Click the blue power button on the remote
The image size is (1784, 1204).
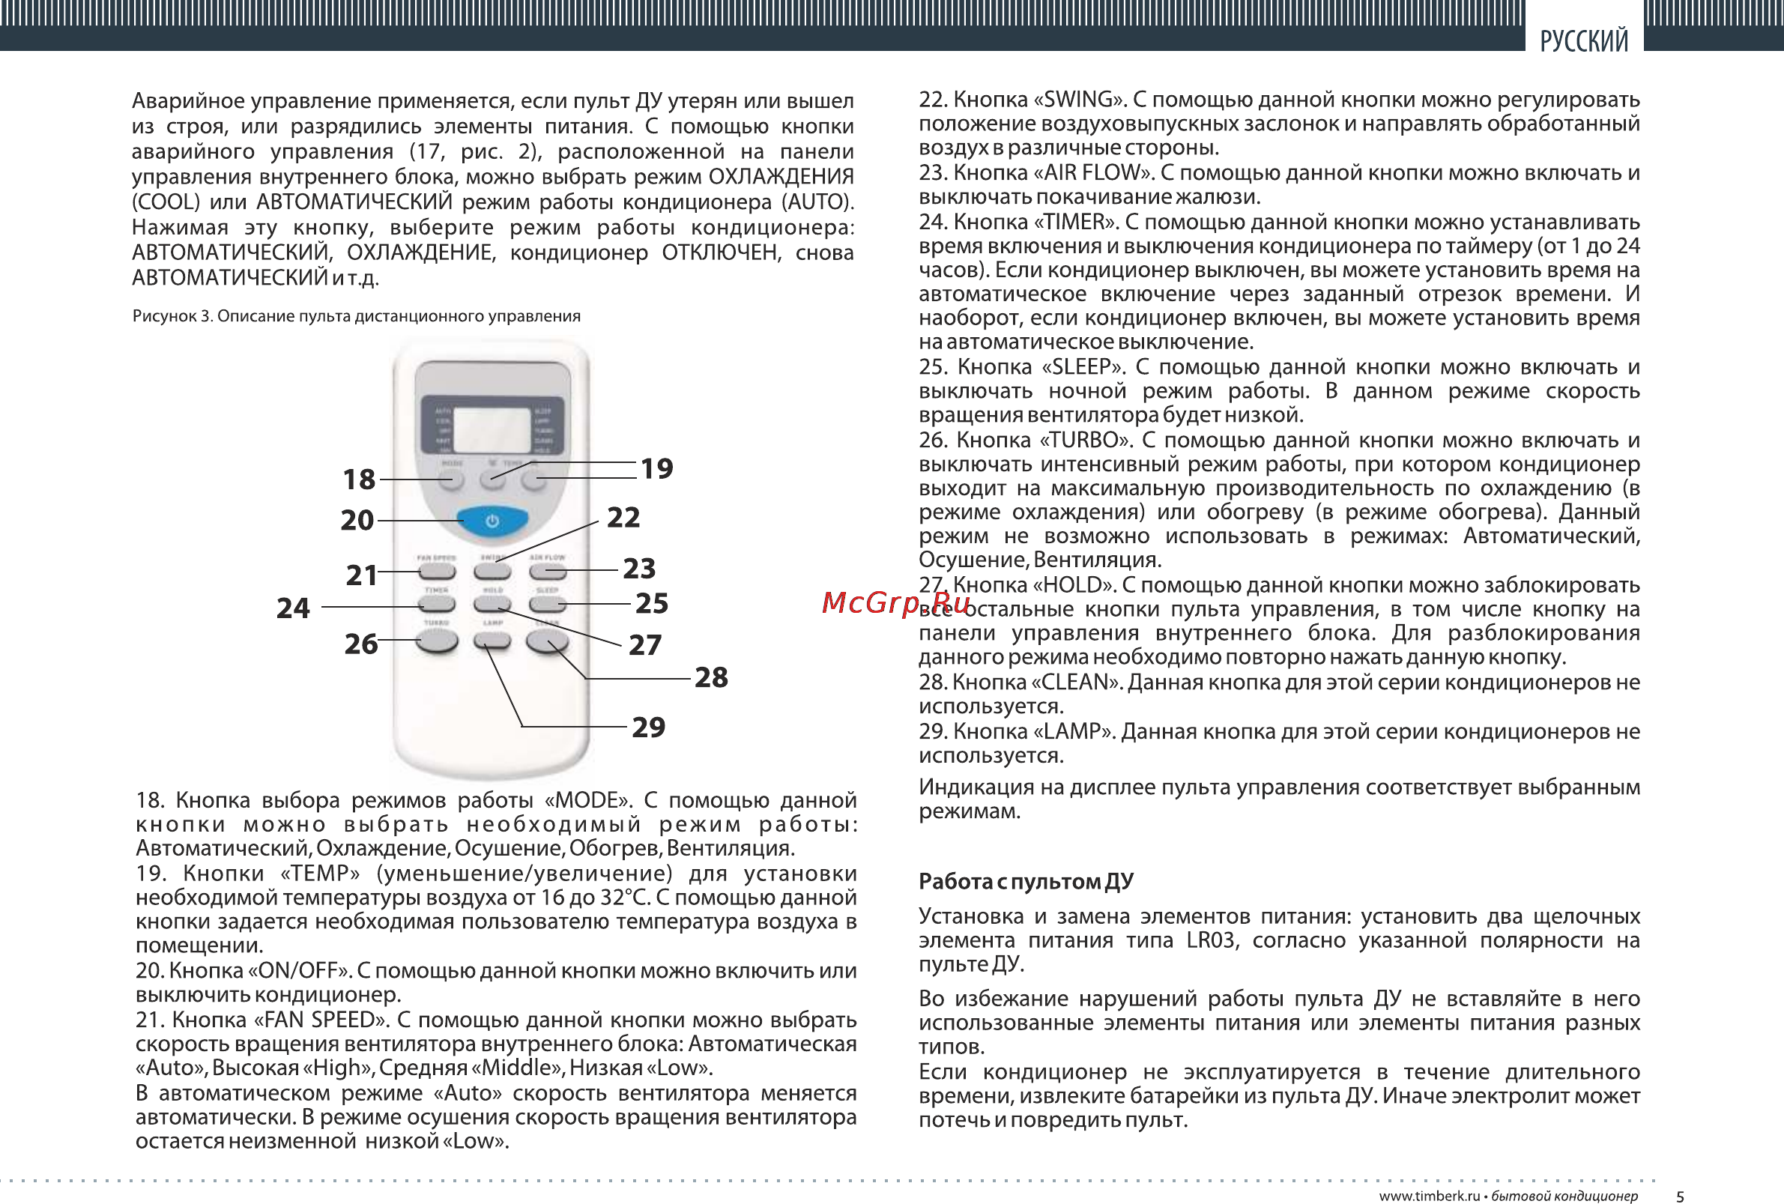pos(492,521)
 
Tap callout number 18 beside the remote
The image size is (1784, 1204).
pos(358,480)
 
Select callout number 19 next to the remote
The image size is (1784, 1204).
pos(656,468)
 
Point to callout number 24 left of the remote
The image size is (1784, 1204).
pos(292,608)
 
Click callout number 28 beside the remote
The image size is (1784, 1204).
pos(711,677)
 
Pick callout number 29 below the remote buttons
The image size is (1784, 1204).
pos(648,727)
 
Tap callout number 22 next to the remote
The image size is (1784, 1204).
pos(623,518)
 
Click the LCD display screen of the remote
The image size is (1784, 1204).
pos(492,430)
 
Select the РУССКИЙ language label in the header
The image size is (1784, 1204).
pos(1584,40)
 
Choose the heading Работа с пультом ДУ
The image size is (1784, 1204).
pos(1026,882)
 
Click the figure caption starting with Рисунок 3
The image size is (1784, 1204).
pos(356,316)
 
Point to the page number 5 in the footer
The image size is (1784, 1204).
pos(1680,1197)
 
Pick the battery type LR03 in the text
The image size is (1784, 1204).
pos(1212,941)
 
